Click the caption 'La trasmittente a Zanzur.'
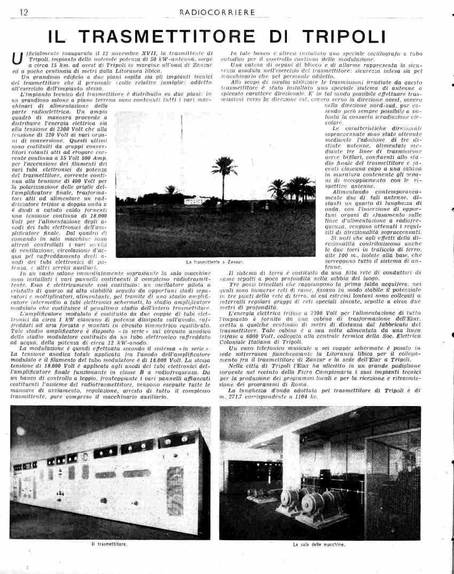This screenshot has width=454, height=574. point(215,262)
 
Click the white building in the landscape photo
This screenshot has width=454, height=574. point(197,200)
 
